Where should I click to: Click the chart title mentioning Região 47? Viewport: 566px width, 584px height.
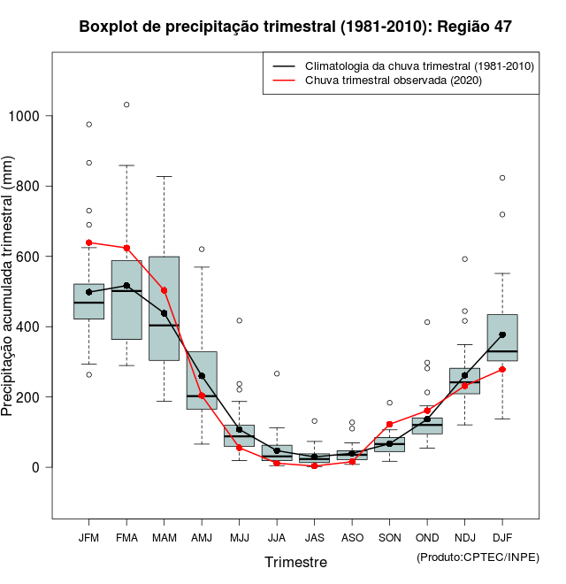pyautogui.click(x=294, y=27)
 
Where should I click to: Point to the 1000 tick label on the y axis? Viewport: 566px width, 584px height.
pyautogui.click(x=26, y=116)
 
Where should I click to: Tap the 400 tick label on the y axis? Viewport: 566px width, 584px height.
pyautogui.click(x=30, y=327)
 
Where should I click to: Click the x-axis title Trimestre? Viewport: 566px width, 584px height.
pyautogui.click(x=295, y=562)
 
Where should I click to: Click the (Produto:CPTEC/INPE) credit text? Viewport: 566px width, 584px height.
pyautogui.click(x=478, y=557)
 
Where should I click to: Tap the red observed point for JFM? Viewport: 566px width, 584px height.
pyautogui.click(x=88, y=242)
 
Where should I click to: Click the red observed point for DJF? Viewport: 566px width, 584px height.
pyautogui.click(x=502, y=369)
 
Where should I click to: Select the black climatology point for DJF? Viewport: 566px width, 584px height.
pyautogui.click(x=502, y=334)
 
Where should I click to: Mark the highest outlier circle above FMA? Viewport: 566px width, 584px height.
pyautogui.click(x=126, y=104)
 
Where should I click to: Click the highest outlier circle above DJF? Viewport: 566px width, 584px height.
pyautogui.click(x=502, y=178)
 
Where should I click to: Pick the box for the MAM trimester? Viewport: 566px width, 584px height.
pyautogui.click(x=164, y=308)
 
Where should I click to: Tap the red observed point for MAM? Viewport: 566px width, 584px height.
pyautogui.click(x=164, y=290)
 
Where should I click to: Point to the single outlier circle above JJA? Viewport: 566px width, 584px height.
pyautogui.click(x=277, y=373)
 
